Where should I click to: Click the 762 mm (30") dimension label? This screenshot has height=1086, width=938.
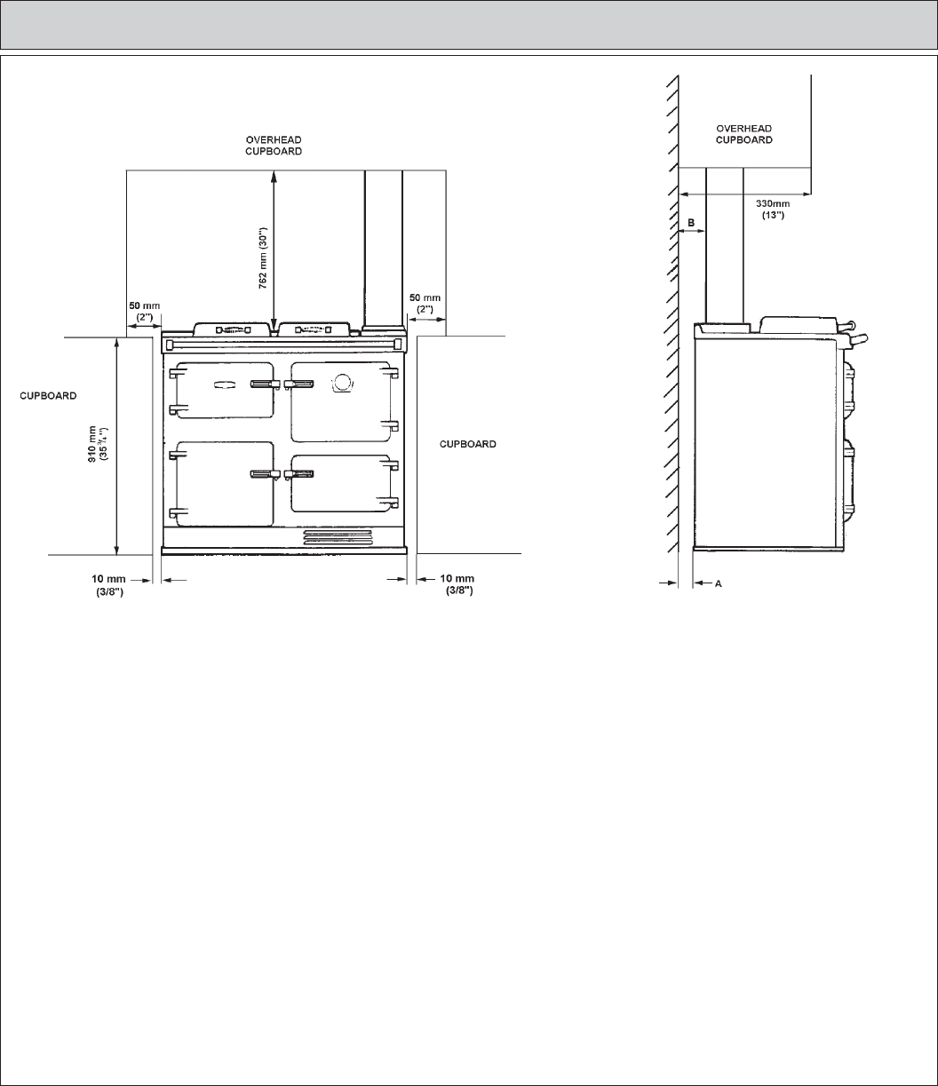point(263,258)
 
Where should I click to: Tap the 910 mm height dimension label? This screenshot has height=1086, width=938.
point(98,444)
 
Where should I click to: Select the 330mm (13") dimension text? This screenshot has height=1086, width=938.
point(773,209)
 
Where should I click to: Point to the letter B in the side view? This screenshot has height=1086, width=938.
point(691,223)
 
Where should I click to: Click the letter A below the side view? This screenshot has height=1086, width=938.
point(719,583)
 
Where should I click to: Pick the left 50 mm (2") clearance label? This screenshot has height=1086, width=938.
point(145,312)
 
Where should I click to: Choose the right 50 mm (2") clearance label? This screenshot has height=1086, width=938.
point(425,304)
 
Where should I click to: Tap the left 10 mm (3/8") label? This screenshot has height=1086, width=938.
point(108,585)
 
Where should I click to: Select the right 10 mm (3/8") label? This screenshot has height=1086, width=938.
point(457,584)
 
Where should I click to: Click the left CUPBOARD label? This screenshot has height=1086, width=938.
point(48,396)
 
